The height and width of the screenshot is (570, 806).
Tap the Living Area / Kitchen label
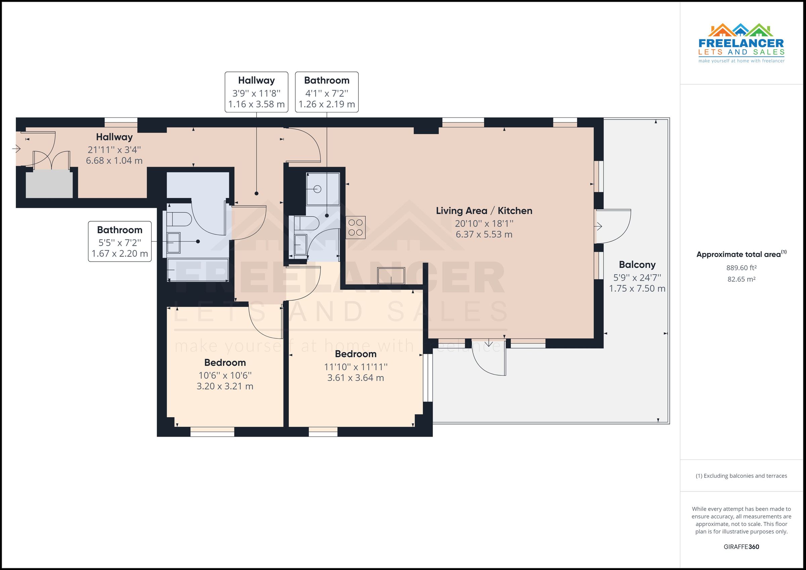(x=484, y=210)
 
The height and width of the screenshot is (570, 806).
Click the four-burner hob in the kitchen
(x=355, y=228)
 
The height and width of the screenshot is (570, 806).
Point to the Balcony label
(x=637, y=265)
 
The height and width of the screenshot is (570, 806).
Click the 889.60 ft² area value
(x=741, y=268)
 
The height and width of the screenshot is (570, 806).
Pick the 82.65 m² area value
(x=741, y=279)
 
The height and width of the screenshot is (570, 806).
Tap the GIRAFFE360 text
(x=741, y=547)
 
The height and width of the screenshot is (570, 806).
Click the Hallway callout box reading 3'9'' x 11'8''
(x=256, y=92)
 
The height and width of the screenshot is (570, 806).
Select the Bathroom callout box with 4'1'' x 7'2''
(x=326, y=92)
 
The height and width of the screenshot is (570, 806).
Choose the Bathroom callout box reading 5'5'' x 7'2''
(x=120, y=241)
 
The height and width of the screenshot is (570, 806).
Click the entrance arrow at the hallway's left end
(x=16, y=149)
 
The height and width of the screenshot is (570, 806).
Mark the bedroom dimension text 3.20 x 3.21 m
(x=225, y=386)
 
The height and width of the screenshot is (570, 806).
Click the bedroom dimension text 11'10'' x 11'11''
(x=355, y=367)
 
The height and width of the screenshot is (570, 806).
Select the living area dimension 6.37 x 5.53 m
(x=484, y=234)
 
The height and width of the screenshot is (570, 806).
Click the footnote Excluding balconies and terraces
(x=741, y=476)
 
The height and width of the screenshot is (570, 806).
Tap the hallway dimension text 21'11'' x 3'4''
(x=114, y=150)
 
